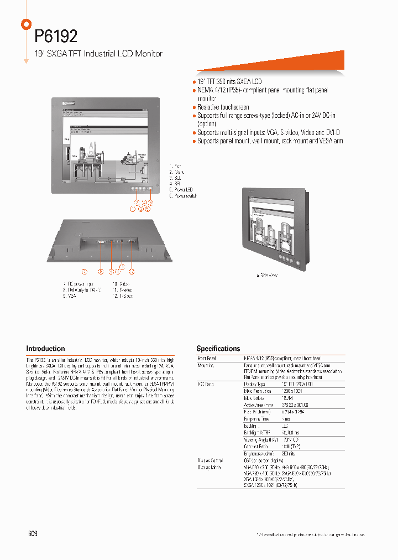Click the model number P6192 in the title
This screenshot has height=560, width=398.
[x=56, y=37]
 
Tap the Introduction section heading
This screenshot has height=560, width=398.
[x=45, y=349]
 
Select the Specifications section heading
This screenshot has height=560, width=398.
[x=218, y=349]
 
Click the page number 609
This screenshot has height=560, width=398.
[x=32, y=533]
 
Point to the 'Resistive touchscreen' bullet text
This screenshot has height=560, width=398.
[x=223, y=107]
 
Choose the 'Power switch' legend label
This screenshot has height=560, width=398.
[x=185, y=196]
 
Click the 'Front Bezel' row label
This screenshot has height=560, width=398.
[x=207, y=359]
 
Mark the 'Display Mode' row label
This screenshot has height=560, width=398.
[x=208, y=468]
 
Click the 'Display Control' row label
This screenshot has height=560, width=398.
[x=211, y=460]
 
